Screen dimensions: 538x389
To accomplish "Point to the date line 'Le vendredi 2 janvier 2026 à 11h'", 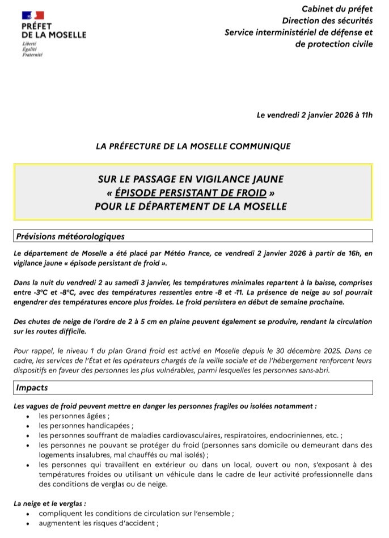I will [x=315, y=115].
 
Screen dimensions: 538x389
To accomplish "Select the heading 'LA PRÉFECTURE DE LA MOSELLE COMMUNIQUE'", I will [x=193, y=146].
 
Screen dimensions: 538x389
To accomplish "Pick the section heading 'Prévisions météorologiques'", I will [x=70, y=236].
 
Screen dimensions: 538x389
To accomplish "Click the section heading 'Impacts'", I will [x=32, y=388].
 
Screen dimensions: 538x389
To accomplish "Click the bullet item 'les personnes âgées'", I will [x=74, y=416].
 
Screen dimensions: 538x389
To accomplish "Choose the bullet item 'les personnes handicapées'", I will [x=86, y=426].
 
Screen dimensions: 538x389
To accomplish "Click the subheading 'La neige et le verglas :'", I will [x=50, y=503].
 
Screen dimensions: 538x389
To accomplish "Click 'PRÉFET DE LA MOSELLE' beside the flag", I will [x=54, y=30].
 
